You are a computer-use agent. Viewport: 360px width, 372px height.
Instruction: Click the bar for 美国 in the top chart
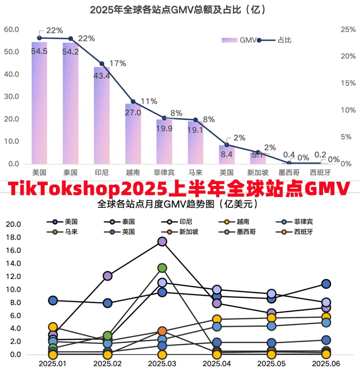pyautogui.click(x=39, y=104)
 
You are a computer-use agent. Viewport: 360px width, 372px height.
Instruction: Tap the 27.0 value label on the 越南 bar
pyautogui.click(x=133, y=113)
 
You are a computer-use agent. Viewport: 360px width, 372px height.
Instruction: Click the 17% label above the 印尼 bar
pyautogui.click(x=117, y=63)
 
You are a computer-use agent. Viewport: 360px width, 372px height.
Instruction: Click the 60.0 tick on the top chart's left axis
pyautogui.click(x=11, y=29)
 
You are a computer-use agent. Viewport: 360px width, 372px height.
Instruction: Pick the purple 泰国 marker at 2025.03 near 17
pyautogui.click(x=162, y=242)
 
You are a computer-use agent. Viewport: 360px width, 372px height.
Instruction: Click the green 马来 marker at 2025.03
pyautogui.click(x=162, y=268)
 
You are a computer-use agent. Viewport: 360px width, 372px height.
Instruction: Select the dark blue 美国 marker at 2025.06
pyautogui.click(x=326, y=284)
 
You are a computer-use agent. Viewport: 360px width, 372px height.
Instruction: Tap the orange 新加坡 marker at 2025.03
pyautogui.click(x=162, y=331)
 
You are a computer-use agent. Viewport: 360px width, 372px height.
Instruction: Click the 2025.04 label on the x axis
pyautogui.click(x=217, y=363)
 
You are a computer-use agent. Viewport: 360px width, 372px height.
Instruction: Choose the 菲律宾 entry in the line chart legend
pyautogui.click(x=303, y=222)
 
